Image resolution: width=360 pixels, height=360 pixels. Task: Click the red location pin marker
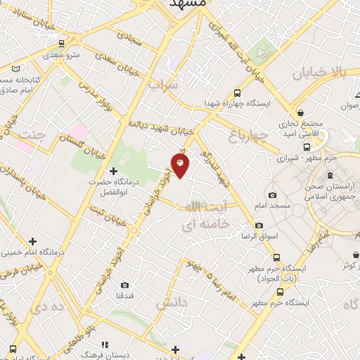(x=181, y=167)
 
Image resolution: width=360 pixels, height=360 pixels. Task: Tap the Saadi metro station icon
(x=62, y=44)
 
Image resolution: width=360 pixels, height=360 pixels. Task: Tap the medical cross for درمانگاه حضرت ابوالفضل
(x=113, y=171)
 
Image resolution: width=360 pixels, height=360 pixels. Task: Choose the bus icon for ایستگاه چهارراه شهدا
(x=237, y=93)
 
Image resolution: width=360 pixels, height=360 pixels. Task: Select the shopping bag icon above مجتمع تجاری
(x=301, y=112)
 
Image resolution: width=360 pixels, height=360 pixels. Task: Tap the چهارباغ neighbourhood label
(x=247, y=133)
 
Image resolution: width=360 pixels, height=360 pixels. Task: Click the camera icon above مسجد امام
(x=273, y=195)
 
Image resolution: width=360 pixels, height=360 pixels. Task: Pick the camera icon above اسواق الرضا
(x=259, y=225)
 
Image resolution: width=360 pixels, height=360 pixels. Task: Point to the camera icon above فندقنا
(x=124, y=285)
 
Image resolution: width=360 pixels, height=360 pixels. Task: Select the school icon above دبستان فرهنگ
(x=105, y=345)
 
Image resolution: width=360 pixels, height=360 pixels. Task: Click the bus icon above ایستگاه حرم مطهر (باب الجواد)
(x=276, y=257)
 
